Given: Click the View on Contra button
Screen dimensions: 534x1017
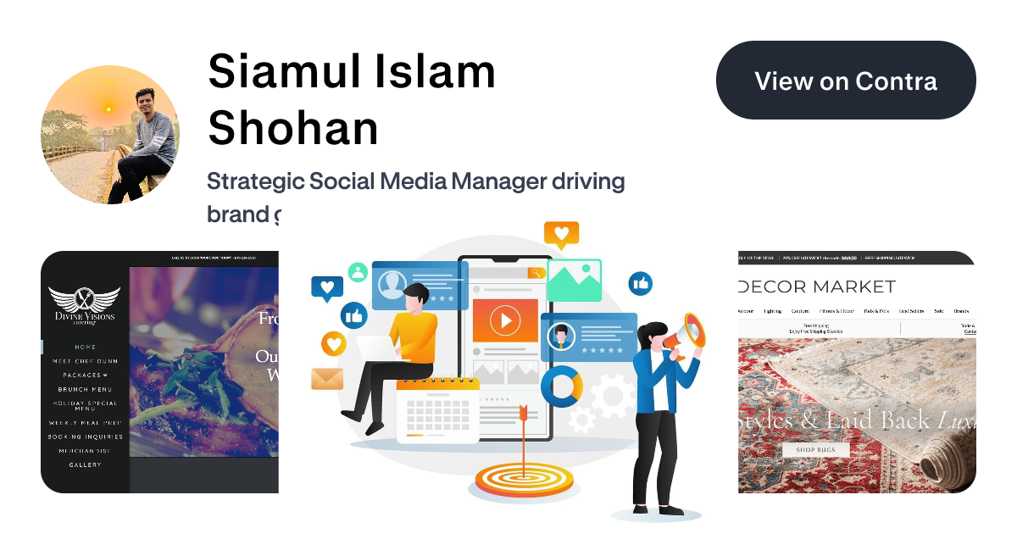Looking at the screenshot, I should point(846,81).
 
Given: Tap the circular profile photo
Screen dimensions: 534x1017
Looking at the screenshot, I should point(110,134).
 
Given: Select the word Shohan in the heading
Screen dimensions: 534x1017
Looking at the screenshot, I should point(293,128).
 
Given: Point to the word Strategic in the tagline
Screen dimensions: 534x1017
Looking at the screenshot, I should point(254,181).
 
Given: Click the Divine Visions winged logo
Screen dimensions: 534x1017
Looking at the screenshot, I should point(85,303).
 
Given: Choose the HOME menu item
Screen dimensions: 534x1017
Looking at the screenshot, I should point(85,347).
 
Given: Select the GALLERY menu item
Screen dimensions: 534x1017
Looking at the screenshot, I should point(85,464).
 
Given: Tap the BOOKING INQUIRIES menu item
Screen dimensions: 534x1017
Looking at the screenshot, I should point(85,437).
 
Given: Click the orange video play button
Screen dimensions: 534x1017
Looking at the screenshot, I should point(505,320).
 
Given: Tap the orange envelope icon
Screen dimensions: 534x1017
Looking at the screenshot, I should point(326,378).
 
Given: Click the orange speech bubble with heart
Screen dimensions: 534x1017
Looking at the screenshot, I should point(561,234).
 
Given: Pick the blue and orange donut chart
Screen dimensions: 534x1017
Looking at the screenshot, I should point(562,387).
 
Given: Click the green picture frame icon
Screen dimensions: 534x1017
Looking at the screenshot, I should point(574,281).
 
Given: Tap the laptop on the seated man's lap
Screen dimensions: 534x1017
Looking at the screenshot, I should point(374,348).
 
